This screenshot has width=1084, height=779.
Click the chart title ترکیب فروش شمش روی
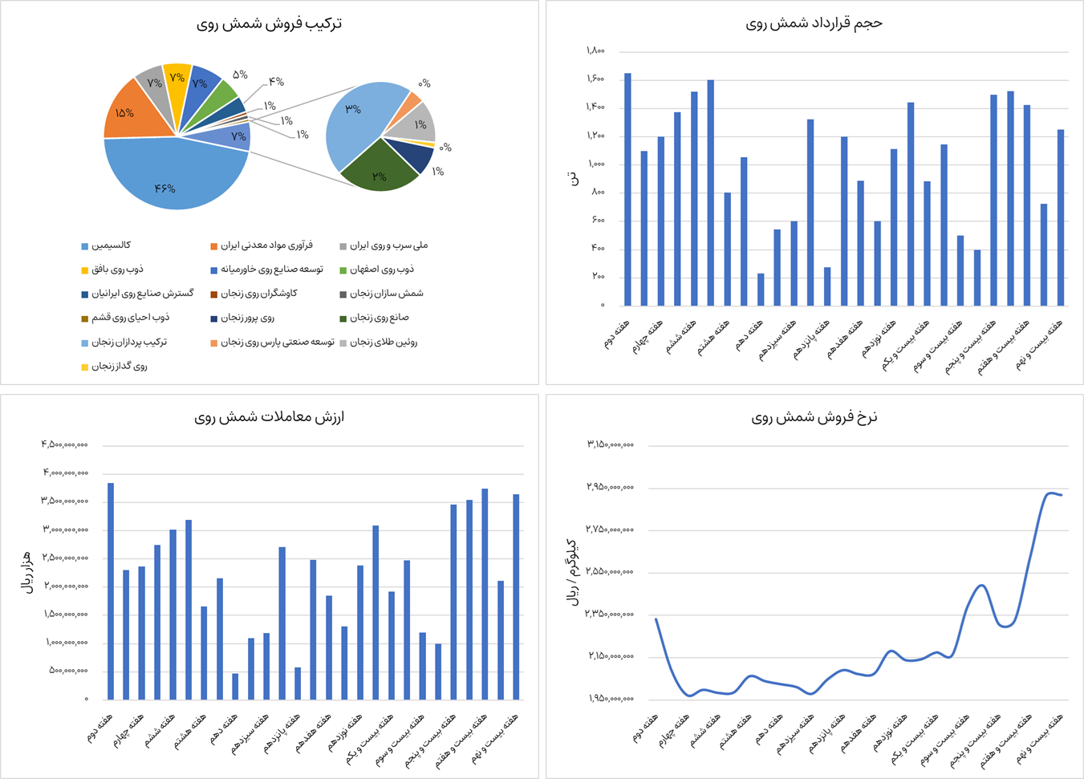pyautogui.click(x=269, y=24)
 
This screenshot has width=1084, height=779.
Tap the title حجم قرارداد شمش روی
pyautogui.click(x=814, y=23)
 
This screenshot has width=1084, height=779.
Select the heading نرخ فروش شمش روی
pyautogui.click(x=814, y=417)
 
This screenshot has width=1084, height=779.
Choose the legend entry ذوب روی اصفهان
pyautogui.click(x=382, y=270)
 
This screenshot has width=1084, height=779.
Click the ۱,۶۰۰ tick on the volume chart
pyautogui.click(x=595, y=79)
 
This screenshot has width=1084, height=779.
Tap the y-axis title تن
pyautogui.click(x=573, y=178)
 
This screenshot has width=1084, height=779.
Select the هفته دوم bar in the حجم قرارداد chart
pyautogui.click(x=627, y=189)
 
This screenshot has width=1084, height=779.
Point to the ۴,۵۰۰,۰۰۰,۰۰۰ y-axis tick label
pyautogui.click(x=65, y=444)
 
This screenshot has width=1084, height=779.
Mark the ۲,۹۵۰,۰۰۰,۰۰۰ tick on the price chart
pyautogui.click(x=611, y=487)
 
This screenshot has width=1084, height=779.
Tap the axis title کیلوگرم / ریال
pyautogui.click(x=573, y=571)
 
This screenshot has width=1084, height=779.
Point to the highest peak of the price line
pyautogui.click(x=1049, y=493)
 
